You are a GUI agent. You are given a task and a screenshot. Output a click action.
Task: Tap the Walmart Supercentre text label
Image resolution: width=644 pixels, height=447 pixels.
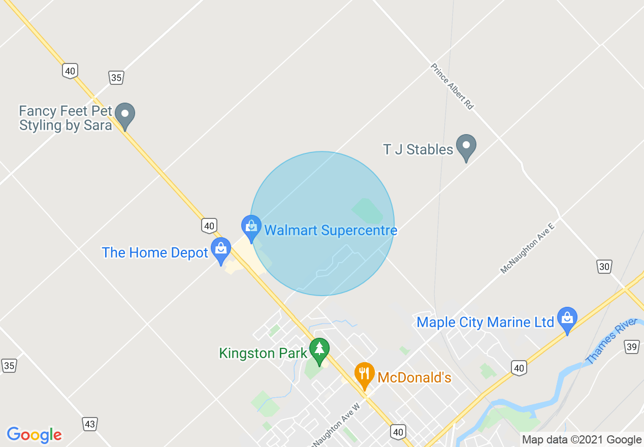pos(331,231)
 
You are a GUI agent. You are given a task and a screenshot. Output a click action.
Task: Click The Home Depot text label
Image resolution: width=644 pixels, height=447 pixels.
pos(155,252)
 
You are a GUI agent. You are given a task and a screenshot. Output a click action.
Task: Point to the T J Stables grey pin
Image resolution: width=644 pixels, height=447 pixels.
pos(466,146)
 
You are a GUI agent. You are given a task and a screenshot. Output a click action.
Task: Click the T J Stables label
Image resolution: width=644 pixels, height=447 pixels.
pos(418,149)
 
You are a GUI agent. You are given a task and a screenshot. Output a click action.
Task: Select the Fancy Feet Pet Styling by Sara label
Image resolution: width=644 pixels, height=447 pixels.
pos(66,118)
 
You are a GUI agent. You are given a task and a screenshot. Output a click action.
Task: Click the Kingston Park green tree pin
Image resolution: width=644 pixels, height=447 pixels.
pos(319,349)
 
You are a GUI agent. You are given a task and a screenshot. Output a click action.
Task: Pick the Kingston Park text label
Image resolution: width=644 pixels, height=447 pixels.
pos(263,353)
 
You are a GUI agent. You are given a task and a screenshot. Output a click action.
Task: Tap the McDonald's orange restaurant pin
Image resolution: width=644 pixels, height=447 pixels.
pos(364,374)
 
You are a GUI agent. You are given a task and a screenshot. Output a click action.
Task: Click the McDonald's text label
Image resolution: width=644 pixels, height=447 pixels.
pos(414,378)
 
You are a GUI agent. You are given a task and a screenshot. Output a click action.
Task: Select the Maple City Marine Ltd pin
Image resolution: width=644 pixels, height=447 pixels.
pos(567,318)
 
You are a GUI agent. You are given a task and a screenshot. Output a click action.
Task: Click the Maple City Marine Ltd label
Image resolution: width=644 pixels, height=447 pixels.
pos(485,322)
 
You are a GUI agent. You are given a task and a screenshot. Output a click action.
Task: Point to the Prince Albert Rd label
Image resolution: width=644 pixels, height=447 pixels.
pos(452,86)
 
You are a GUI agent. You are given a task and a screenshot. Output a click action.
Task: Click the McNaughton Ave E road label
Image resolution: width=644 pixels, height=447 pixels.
pos(528,248)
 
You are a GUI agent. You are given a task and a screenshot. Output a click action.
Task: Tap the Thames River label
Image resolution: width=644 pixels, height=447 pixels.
pos(610,341)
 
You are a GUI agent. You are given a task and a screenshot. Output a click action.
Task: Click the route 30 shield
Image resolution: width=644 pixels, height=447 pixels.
pos(604,266)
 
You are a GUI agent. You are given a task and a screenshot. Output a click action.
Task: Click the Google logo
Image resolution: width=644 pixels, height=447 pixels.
pos(34,435)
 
